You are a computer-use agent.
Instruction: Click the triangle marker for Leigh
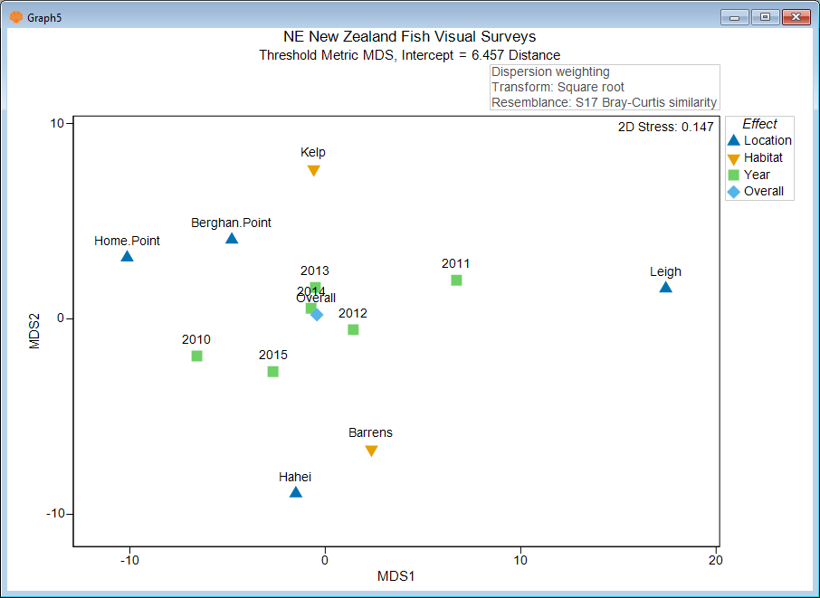pyautogui.click(x=665, y=288)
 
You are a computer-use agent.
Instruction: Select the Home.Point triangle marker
pyautogui.click(x=127, y=257)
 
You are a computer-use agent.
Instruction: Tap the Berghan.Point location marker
pyautogui.click(x=232, y=239)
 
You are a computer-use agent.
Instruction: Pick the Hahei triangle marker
pyautogui.click(x=295, y=492)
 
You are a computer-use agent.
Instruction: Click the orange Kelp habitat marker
pyautogui.click(x=314, y=170)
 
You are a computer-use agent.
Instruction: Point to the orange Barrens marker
pyautogui.click(x=371, y=451)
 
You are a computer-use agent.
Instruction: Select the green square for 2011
pyautogui.click(x=456, y=280)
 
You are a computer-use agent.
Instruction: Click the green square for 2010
pyautogui.click(x=196, y=356)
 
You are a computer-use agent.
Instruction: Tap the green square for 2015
pyautogui.click(x=272, y=372)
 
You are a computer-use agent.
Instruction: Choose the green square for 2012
pyautogui.click(x=353, y=329)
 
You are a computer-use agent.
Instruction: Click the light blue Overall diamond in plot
pyautogui.click(x=317, y=315)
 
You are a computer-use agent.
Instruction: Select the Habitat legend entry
pyautogui.click(x=762, y=157)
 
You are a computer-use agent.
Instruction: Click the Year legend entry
pyautogui.click(x=757, y=175)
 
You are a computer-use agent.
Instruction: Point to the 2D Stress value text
pyautogui.click(x=665, y=128)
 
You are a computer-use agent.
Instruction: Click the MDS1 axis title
pyautogui.click(x=396, y=576)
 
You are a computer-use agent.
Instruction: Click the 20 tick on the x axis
pyautogui.click(x=716, y=560)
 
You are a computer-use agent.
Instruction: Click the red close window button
pyautogui.click(x=795, y=17)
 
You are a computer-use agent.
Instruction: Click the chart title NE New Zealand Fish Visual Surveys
pyautogui.click(x=409, y=37)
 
